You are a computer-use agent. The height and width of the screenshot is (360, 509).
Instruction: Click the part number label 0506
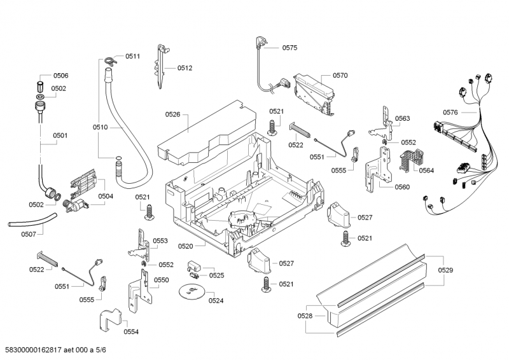point(60,76)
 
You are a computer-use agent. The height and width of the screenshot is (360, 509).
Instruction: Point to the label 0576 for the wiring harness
point(450,113)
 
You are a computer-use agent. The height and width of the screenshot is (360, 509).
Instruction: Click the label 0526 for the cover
point(173,114)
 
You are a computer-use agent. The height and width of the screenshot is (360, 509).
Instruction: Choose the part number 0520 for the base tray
point(186,245)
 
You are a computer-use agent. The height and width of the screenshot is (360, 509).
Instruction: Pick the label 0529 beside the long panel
point(445,271)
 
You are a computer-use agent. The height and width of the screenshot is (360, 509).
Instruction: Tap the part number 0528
point(305,316)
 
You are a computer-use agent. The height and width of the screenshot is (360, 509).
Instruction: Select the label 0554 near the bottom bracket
point(131,332)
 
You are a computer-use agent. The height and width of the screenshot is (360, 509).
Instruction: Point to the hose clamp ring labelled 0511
point(108,61)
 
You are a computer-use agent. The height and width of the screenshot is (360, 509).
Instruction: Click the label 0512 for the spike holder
point(185,68)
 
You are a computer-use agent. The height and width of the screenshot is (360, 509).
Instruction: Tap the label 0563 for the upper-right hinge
point(402,119)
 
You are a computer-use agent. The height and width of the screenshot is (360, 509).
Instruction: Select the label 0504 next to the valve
point(106,197)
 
